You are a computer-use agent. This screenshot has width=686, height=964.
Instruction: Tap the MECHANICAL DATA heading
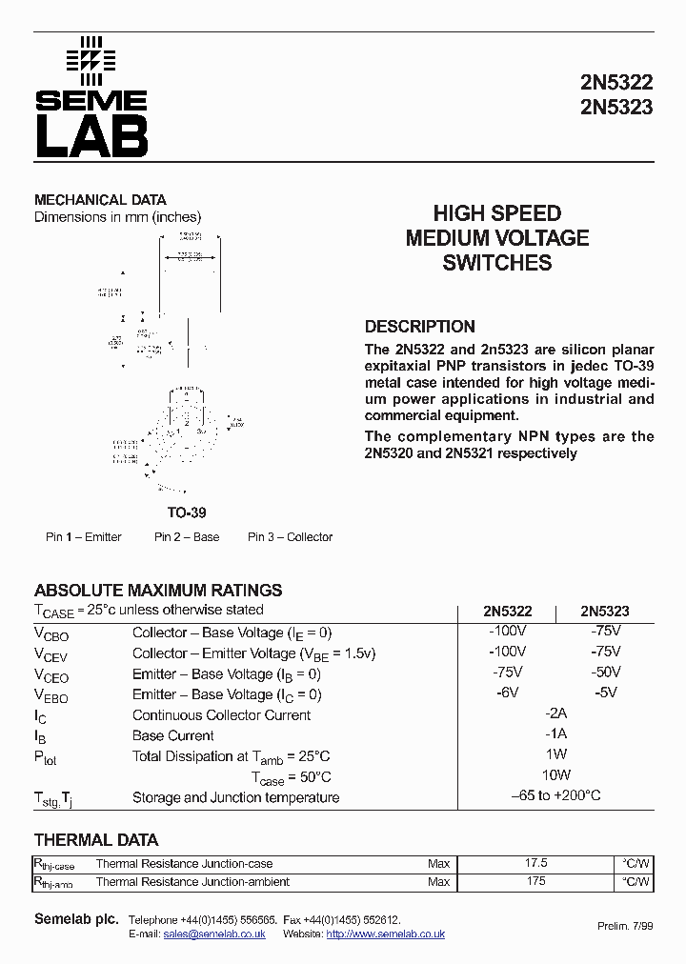[x=100, y=200]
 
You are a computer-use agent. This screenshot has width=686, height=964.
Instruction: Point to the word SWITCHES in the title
[x=497, y=264]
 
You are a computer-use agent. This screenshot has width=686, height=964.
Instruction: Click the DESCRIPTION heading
[x=419, y=326]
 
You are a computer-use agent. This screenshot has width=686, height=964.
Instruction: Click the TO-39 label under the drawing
[x=186, y=512]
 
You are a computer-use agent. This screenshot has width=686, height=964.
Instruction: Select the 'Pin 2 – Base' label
[x=187, y=537]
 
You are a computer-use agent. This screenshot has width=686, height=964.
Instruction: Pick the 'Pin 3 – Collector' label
[x=291, y=537]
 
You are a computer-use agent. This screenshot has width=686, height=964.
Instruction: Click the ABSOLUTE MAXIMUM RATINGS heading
[x=158, y=591]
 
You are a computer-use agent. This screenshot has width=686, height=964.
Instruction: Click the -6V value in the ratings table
[x=507, y=693]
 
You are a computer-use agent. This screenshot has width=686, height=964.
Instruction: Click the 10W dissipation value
[x=555, y=775]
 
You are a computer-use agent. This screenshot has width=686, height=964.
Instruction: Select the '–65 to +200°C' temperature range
[x=555, y=795]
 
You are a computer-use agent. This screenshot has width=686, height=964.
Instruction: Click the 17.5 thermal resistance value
[x=536, y=863]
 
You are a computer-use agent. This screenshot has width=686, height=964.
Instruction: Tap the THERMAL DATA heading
[x=96, y=840]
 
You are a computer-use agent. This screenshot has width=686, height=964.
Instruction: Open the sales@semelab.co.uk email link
[x=214, y=934]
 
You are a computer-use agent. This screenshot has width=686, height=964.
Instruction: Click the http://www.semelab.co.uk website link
[x=385, y=934]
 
